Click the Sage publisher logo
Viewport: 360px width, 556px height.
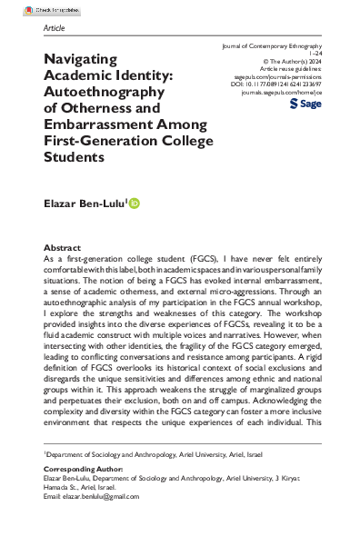[330, 106]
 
